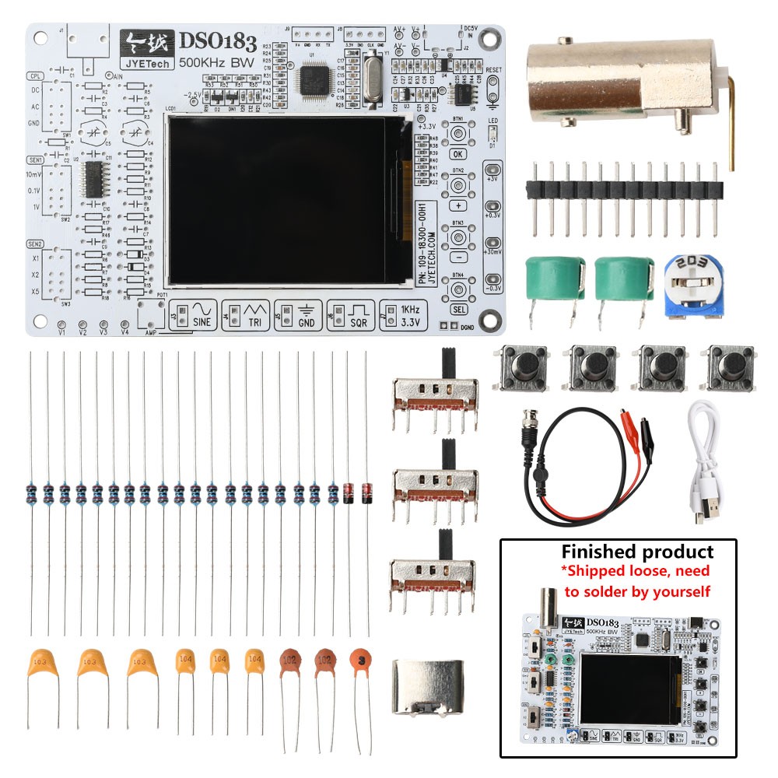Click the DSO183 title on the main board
219,43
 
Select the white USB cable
710,459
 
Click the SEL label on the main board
459,310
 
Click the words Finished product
637,552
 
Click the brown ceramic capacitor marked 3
359,660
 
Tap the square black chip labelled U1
314,79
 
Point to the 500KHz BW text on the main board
215,62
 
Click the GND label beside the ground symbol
307,322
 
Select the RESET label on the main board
493,70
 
